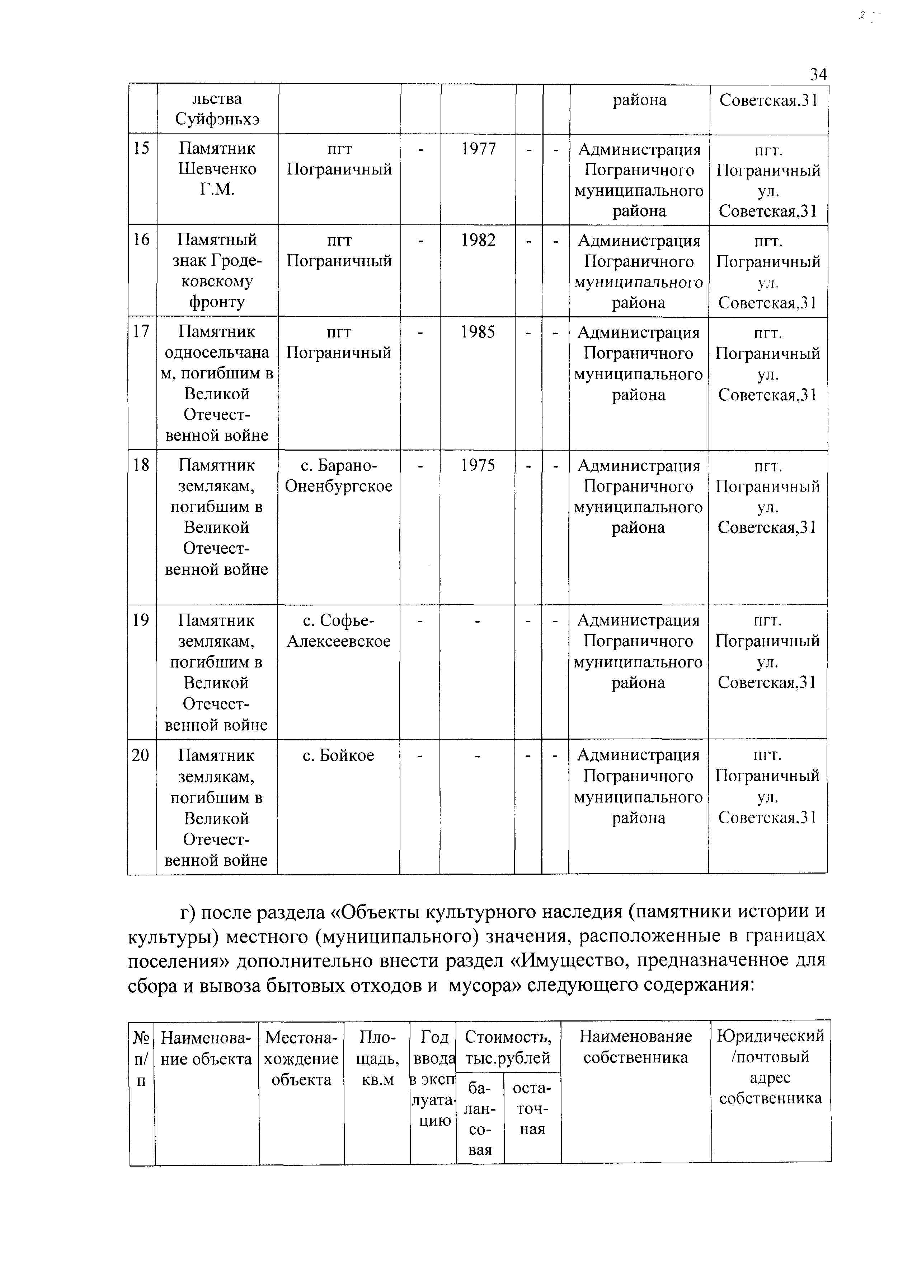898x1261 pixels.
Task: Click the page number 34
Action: pyautogui.click(x=818, y=74)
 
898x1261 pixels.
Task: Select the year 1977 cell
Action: pyautogui.click(x=479, y=149)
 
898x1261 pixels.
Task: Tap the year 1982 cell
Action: pyautogui.click(x=479, y=240)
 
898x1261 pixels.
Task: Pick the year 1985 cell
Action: pyautogui.click(x=478, y=332)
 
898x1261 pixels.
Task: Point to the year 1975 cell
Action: pyautogui.click(x=478, y=465)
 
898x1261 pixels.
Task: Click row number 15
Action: pyautogui.click(x=142, y=148)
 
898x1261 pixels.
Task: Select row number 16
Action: pyautogui.click(x=142, y=239)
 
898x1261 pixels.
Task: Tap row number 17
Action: pyautogui.click(x=142, y=331)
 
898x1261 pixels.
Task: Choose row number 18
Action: pyautogui.click(x=142, y=465)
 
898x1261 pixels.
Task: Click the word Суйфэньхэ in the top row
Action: pyautogui.click(x=217, y=119)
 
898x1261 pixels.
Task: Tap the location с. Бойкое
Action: pyautogui.click(x=338, y=755)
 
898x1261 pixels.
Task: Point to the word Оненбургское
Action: pyautogui.click(x=338, y=487)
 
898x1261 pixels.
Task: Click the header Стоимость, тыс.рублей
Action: pyautogui.click(x=508, y=1047)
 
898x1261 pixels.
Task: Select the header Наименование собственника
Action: pyautogui.click(x=636, y=1047)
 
